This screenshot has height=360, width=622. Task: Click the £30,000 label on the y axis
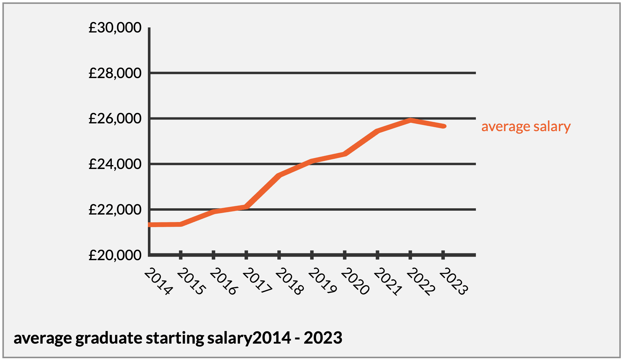tap(115, 28)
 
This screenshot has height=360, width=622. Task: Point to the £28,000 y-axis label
tap(115, 73)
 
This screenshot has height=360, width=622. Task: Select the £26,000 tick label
tap(115, 119)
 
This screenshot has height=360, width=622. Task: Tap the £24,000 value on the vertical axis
tap(115, 164)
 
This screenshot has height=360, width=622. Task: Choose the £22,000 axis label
tap(115, 210)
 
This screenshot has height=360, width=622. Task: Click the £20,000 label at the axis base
tap(115, 255)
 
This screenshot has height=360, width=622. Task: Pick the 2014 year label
tap(158, 281)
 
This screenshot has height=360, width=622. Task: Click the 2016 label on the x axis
tap(224, 281)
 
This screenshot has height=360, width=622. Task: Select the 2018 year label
tap(290, 281)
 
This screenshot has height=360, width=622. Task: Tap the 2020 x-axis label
tap(355, 281)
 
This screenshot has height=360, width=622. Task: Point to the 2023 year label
tap(454, 281)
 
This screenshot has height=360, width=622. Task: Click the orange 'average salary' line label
tap(526, 126)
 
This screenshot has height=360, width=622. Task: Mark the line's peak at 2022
tap(411, 120)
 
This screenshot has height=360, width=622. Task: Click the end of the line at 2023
tap(444, 126)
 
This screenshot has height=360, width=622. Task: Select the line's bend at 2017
tap(246, 207)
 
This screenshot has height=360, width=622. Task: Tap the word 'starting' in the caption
tap(175, 338)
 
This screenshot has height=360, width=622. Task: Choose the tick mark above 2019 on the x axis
tap(312, 255)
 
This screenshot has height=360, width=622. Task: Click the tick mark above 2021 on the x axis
tap(377, 255)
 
